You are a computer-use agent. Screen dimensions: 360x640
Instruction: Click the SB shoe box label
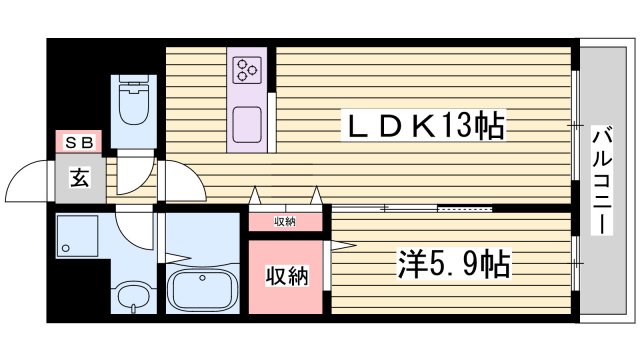coord(78,143)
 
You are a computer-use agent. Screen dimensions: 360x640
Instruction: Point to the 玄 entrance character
coord(78,179)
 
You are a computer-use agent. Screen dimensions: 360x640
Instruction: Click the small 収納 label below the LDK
coord(286,221)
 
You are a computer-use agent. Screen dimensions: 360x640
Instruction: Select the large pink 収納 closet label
coord(286,275)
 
